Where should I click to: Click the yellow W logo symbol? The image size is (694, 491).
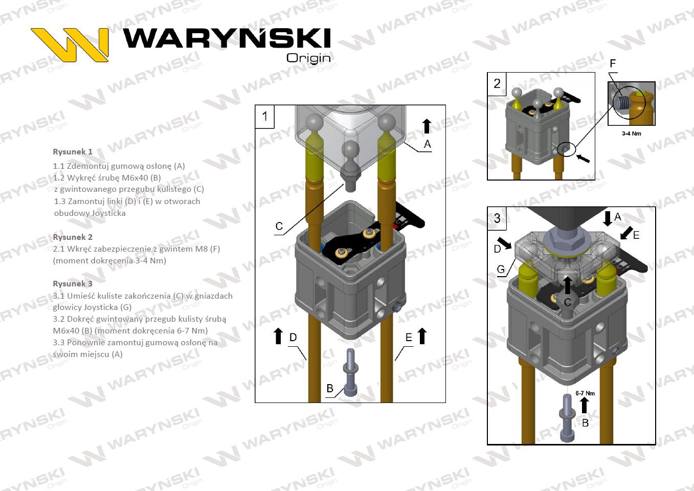tap(70, 44)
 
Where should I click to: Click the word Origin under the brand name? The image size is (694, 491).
tap(308, 58)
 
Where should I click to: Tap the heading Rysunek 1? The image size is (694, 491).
tap(73, 152)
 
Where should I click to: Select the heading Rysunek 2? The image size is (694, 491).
tap(73, 237)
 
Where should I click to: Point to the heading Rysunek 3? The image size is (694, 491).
tap(73, 284)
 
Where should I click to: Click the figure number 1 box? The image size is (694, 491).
tap(265, 116)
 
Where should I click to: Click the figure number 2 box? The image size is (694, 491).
tap(497, 83)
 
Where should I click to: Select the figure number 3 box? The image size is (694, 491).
tap(497, 218)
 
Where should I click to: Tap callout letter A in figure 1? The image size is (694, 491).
tap(428, 144)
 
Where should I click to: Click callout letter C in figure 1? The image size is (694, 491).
tap(279, 226)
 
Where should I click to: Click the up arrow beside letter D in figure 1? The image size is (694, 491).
tap(278, 336)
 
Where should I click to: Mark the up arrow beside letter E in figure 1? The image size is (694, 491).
tap(422, 336)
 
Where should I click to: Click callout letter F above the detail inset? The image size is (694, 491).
tap(613, 64)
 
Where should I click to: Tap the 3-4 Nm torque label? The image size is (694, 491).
tap(631, 133)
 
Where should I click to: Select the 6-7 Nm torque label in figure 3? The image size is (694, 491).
tap(585, 393)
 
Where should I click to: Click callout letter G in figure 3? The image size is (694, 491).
tap(501, 269)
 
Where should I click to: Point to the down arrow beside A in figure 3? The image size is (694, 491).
tap(607, 218)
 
